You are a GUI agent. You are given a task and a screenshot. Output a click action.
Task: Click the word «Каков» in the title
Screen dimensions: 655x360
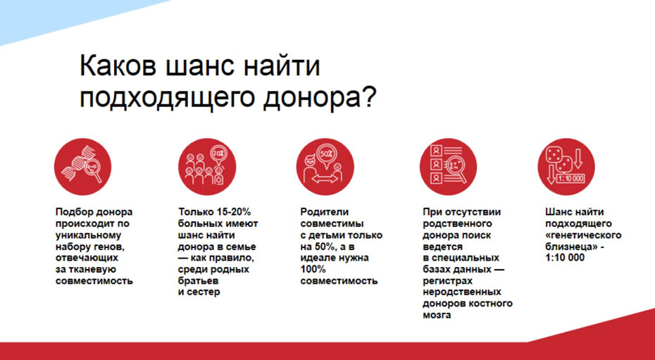[118, 66]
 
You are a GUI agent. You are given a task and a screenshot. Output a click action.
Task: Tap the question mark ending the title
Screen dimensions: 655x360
[370, 97]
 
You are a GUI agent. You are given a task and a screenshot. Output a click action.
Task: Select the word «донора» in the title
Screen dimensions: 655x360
[311, 99]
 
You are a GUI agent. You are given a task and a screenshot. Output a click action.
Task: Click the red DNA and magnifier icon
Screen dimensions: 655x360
[82, 167]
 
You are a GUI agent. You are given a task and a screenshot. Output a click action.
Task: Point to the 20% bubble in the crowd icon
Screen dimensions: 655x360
[218, 153]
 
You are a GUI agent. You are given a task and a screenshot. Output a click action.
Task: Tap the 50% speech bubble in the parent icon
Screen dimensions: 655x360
[326, 154]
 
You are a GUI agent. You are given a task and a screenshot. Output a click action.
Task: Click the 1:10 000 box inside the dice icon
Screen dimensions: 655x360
[570, 179]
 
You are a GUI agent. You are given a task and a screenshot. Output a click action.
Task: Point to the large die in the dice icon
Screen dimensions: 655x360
[554, 155]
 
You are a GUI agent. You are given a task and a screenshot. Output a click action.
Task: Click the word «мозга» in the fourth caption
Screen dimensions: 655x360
[437, 315]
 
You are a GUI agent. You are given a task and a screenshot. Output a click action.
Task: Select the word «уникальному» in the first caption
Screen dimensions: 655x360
[88, 235]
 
